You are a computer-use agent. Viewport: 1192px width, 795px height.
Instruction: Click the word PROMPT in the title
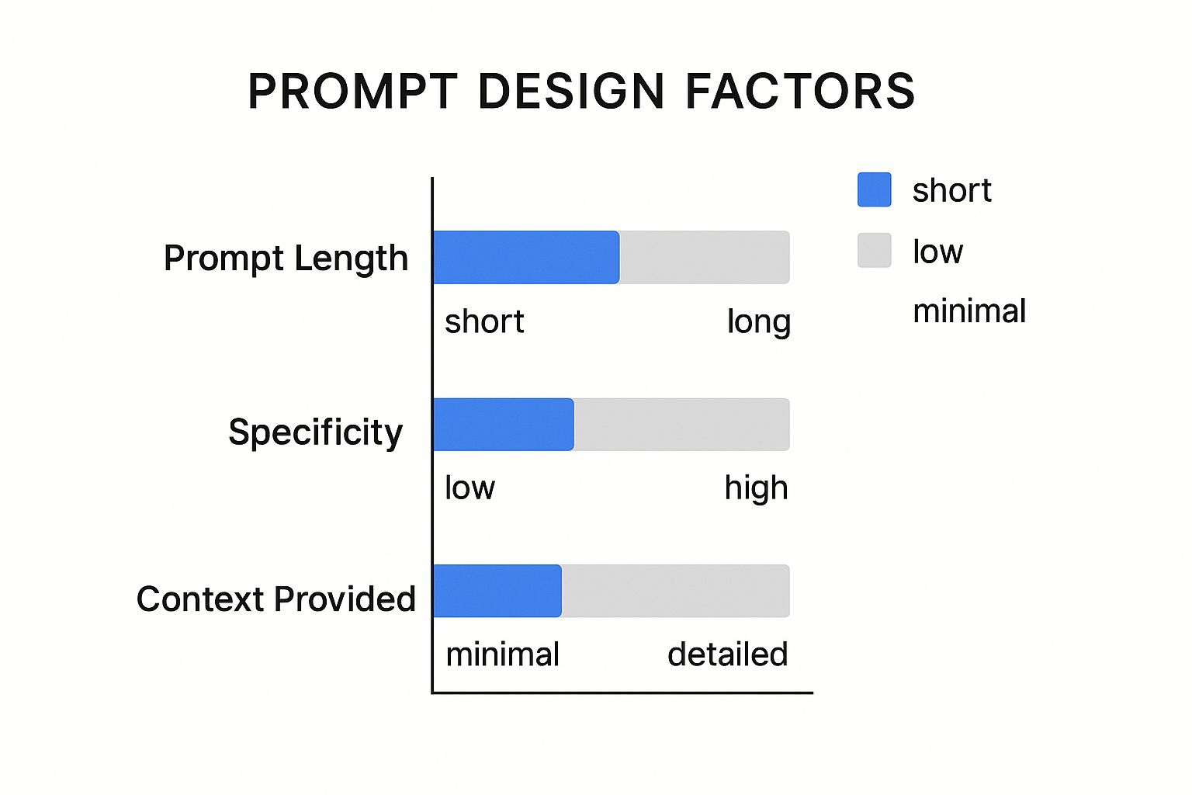coord(353,91)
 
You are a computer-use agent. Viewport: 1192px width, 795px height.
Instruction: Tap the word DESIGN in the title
coord(571,91)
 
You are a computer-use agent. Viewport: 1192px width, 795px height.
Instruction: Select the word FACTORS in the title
coord(800,91)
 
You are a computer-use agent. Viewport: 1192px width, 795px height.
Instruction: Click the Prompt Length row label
coord(286,259)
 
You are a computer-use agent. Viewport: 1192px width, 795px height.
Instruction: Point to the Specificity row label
coord(316,432)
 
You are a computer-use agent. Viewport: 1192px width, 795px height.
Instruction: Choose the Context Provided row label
coord(275,599)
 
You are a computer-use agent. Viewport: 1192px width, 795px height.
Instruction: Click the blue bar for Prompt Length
coord(526,257)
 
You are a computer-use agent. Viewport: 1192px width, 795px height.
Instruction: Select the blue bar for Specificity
coord(504,425)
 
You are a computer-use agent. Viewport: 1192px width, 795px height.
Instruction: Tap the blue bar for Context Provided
coord(497,591)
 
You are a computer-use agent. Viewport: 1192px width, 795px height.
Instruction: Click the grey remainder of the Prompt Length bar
coord(705,257)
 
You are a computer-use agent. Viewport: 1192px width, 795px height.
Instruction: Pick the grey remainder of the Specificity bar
coord(681,425)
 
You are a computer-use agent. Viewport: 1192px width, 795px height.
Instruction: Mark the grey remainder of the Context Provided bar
coord(676,591)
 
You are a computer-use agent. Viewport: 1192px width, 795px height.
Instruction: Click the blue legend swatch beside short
coord(875,189)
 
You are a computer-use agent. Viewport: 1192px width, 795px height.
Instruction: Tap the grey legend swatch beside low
coord(875,250)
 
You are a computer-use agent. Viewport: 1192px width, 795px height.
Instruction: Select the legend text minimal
coord(969,311)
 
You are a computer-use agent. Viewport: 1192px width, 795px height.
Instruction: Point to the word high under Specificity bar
coord(756,488)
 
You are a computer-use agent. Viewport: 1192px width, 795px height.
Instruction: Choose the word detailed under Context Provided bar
coord(727,654)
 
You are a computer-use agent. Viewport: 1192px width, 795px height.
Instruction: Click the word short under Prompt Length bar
coord(484,321)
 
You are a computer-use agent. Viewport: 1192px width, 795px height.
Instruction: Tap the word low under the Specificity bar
coord(470,488)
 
